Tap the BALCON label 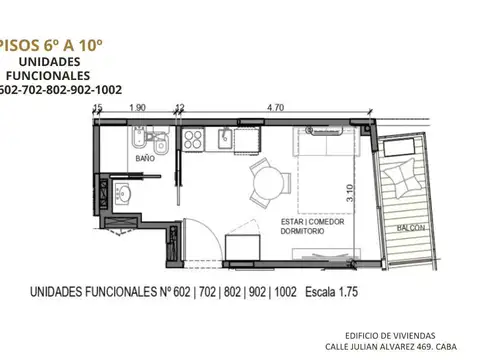coord(409,227)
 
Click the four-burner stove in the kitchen coord(193,139)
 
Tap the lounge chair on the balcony coord(405,179)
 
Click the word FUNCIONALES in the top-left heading coord(46,74)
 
